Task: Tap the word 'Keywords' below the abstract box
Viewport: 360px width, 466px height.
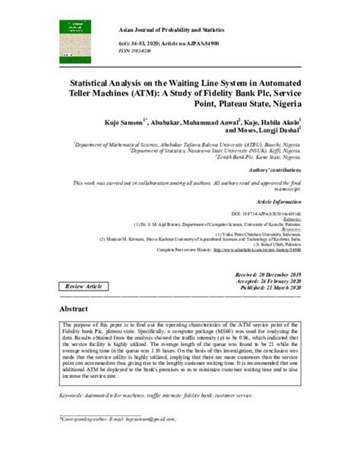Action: tap(74, 396)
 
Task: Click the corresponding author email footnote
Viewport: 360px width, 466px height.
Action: tap(112, 419)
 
